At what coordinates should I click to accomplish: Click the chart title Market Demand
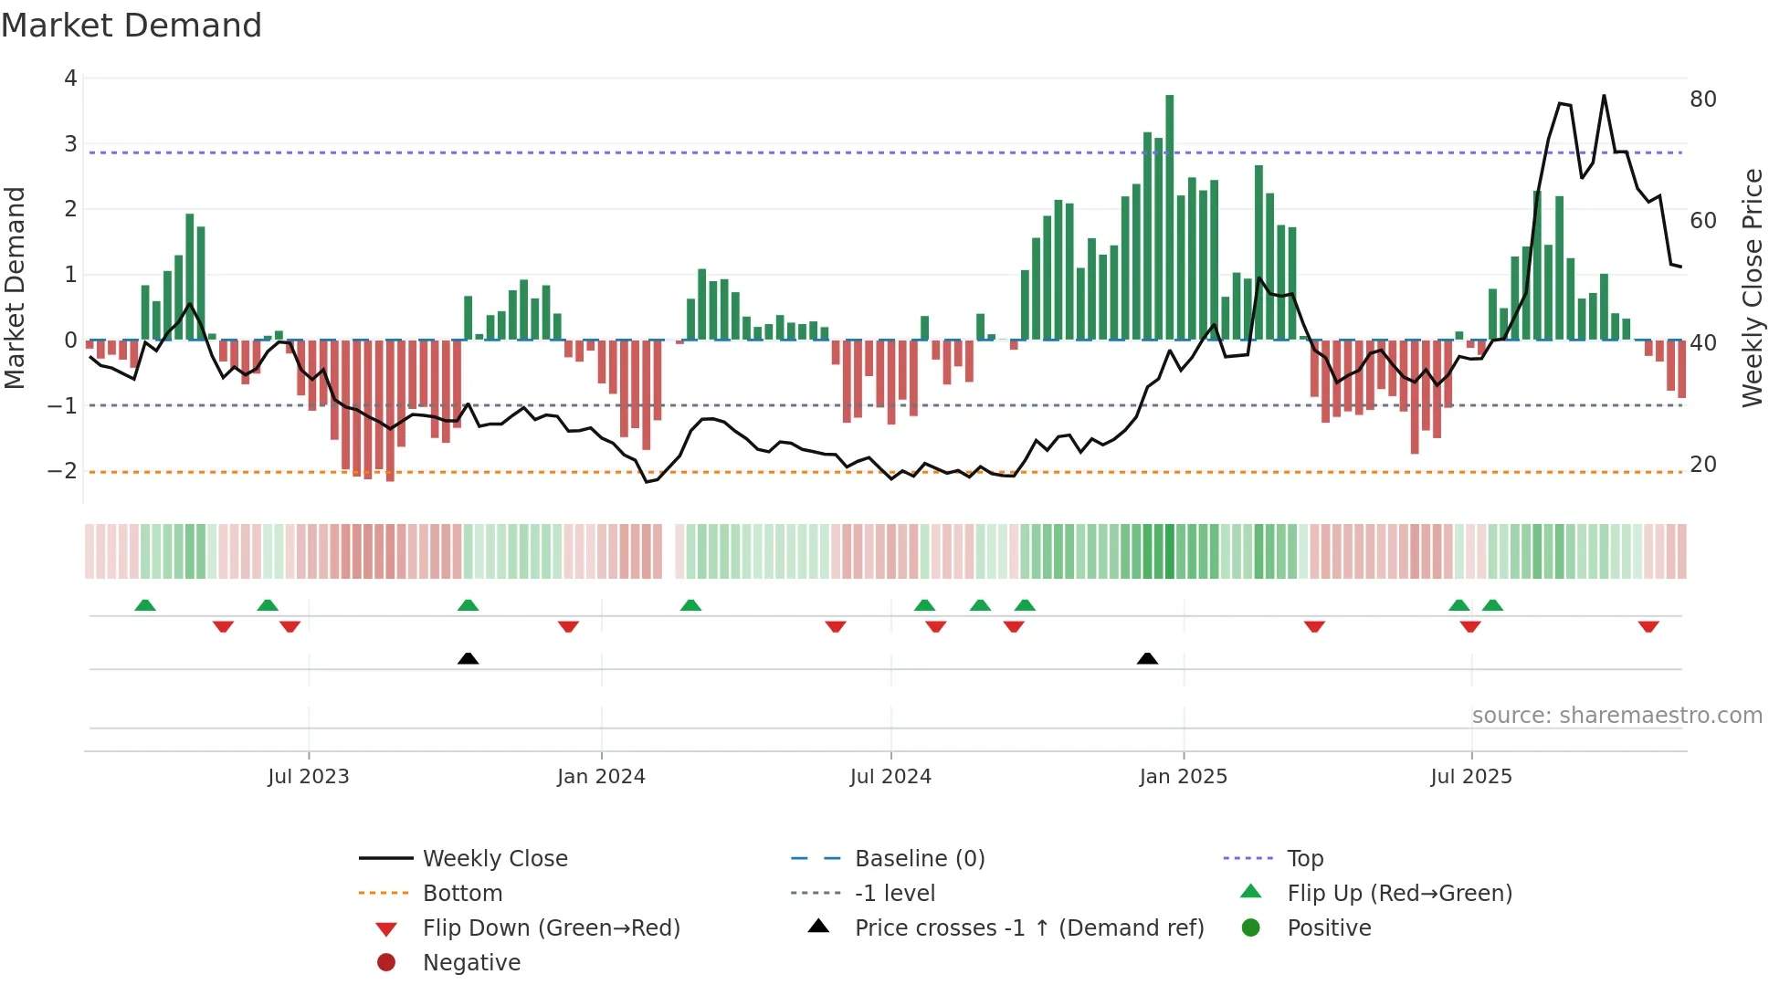[132, 26]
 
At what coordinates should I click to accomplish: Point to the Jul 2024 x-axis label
[890, 777]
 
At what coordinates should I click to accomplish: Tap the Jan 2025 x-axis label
[1183, 777]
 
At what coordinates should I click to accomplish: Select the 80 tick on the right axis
[1702, 99]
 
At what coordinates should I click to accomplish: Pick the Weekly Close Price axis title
[1752, 288]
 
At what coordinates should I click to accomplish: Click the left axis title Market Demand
[16, 288]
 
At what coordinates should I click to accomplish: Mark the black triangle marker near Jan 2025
[1147, 658]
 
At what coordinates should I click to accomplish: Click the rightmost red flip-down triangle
[1648, 626]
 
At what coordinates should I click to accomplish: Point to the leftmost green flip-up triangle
[145, 604]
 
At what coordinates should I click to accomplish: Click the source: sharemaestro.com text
[1616, 716]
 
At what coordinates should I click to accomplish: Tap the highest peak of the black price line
[1604, 96]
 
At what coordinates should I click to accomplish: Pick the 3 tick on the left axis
[70, 144]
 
